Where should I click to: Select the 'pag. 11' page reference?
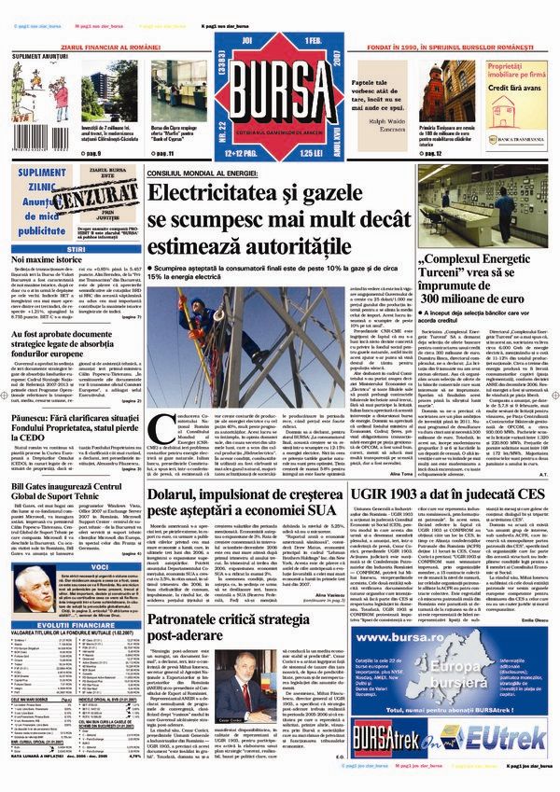click(164, 151)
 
